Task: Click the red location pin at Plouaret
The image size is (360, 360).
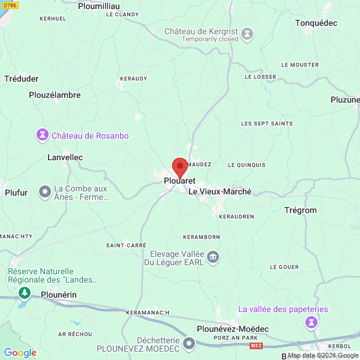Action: (180, 167)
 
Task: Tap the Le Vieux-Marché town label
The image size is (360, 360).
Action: (220, 192)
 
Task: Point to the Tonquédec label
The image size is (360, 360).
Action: (316, 23)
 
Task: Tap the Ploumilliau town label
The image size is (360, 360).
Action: (99, 5)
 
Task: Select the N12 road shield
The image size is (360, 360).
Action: (257, 346)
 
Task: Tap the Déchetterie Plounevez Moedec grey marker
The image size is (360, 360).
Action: (189, 344)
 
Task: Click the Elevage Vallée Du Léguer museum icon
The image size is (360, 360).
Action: (212, 258)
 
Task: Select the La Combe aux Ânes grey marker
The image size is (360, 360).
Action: (45, 192)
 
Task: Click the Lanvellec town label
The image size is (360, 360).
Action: (65, 157)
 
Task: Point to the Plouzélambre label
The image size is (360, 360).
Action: (55, 95)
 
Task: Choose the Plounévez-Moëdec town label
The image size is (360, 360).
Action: (233, 329)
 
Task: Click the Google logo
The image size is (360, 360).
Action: (20, 353)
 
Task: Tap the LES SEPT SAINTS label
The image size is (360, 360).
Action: (266, 124)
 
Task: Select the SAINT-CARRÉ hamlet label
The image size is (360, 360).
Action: (126, 245)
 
